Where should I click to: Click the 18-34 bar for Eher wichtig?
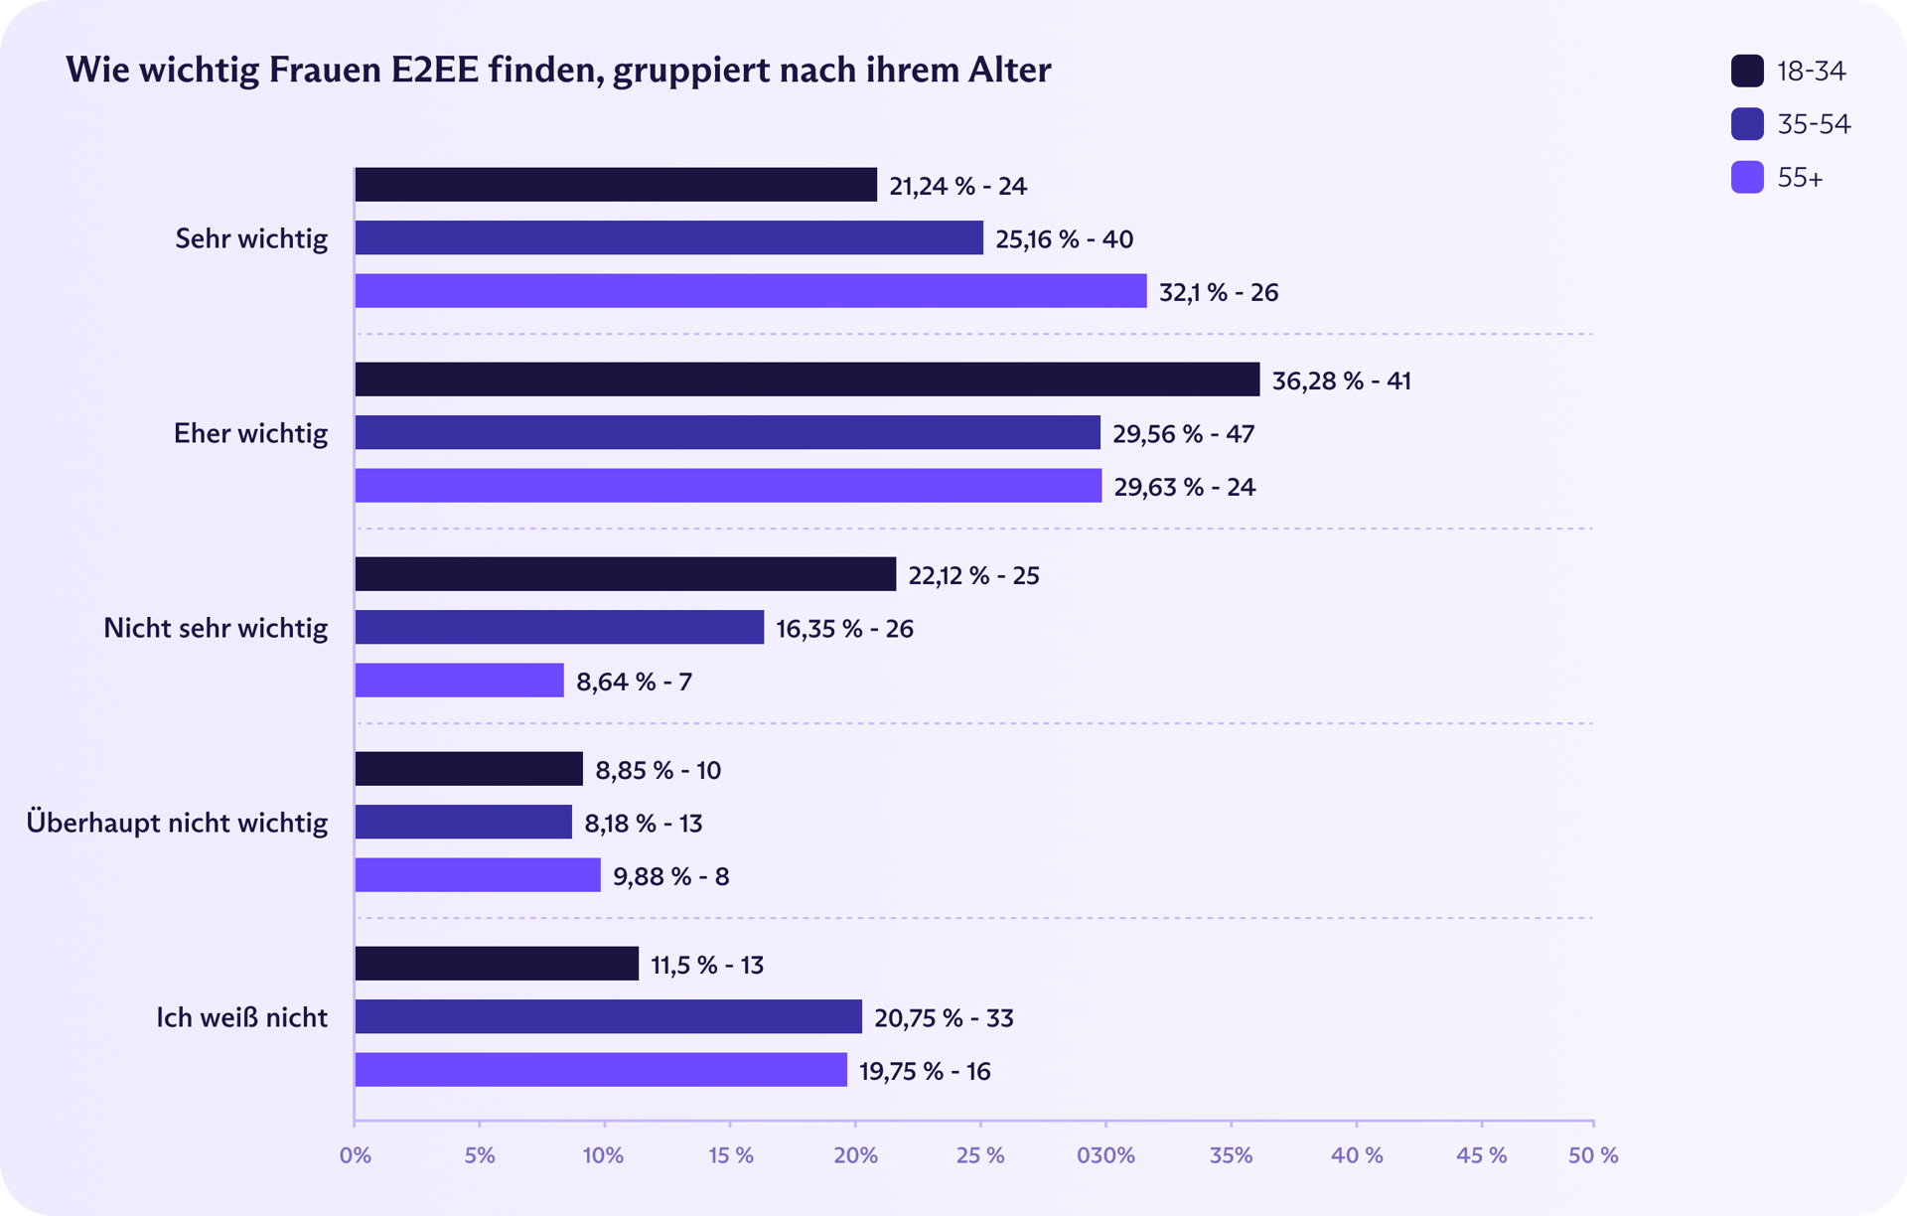pyautogui.click(x=807, y=380)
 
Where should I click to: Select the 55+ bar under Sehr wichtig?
pyautogui.click(x=750, y=291)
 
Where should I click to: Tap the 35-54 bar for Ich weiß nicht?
pyautogui.click(x=608, y=1016)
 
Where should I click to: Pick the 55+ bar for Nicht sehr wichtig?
pyautogui.click(x=459, y=681)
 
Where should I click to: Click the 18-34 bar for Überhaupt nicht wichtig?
pyautogui.click(x=469, y=769)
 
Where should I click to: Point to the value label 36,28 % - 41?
pyautogui.click(x=1341, y=381)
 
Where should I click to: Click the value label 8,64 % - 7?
pyautogui.click(x=634, y=683)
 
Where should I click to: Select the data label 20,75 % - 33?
pyautogui.click(x=944, y=1018)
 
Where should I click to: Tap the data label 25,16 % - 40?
pyautogui.click(x=1064, y=239)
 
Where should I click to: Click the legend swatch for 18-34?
pyautogui.click(x=1747, y=71)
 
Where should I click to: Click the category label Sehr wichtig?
pyautogui.click(x=251, y=239)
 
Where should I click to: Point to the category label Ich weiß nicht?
pyautogui.click(x=241, y=1018)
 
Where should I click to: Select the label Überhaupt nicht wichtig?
pyautogui.click(x=177, y=824)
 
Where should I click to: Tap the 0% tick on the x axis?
pyautogui.click(x=355, y=1156)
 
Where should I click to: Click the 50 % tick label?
pyautogui.click(x=1593, y=1156)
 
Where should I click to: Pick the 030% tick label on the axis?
pyautogui.click(x=1105, y=1156)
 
